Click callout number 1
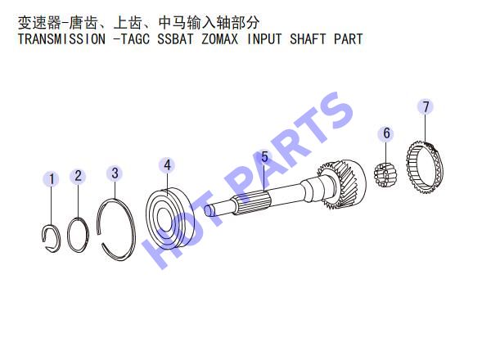pos(52,179)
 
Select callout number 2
pos(78,176)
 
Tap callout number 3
pos(115,173)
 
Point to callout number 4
pos(167,165)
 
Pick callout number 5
pos(264,157)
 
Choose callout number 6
pos(387,133)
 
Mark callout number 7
pos(426,106)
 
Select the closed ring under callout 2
pos(69,235)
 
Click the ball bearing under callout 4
pos(170,218)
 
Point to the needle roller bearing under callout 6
pos(385,175)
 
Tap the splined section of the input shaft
pos(251,204)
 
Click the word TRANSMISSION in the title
pos(61,39)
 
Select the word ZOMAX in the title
pos(219,39)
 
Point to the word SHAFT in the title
pos(308,39)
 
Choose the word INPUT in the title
pos(264,39)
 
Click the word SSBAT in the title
pos(175,39)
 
